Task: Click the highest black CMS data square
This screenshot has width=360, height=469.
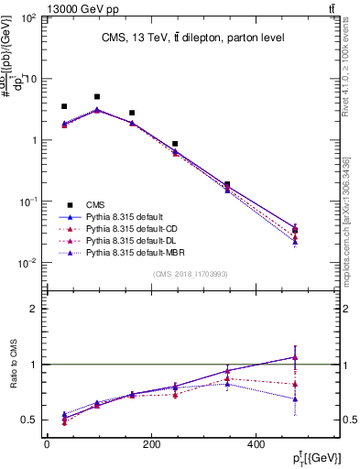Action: click(x=97, y=96)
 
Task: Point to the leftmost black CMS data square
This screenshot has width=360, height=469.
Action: click(x=64, y=106)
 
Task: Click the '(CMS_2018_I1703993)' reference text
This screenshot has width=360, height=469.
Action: click(x=190, y=273)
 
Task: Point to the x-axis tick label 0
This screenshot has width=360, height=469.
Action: click(x=47, y=445)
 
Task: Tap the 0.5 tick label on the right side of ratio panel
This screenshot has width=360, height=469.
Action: click(x=349, y=420)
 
